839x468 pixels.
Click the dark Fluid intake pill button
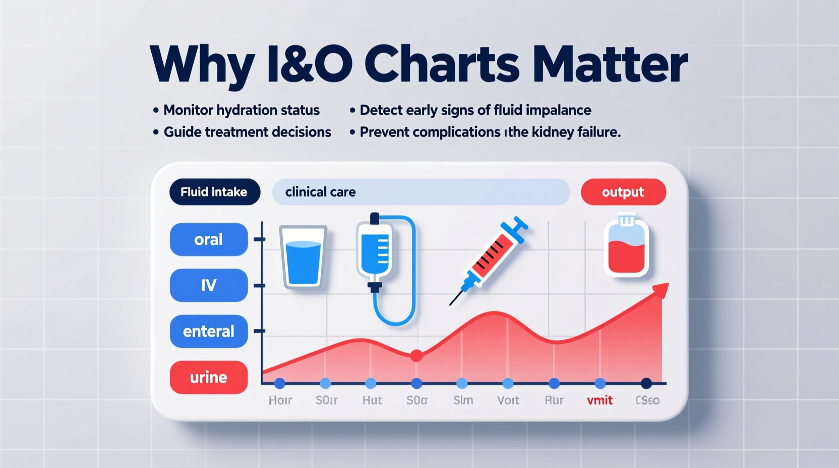(x=214, y=192)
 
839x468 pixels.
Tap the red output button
(x=623, y=192)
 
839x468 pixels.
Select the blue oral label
(x=209, y=240)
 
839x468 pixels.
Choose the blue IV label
(x=209, y=285)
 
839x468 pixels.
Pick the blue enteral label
(x=209, y=331)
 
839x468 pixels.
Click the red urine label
(x=209, y=377)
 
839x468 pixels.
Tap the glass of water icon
(x=303, y=257)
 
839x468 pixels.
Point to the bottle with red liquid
(x=626, y=247)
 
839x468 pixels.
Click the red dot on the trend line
(x=416, y=356)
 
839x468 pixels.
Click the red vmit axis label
(x=600, y=400)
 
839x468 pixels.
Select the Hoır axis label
(x=280, y=400)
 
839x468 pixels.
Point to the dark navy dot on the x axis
(x=646, y=383)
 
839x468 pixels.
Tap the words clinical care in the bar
(x=320, y=192)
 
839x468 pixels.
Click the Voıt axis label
(x=508, y=400)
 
